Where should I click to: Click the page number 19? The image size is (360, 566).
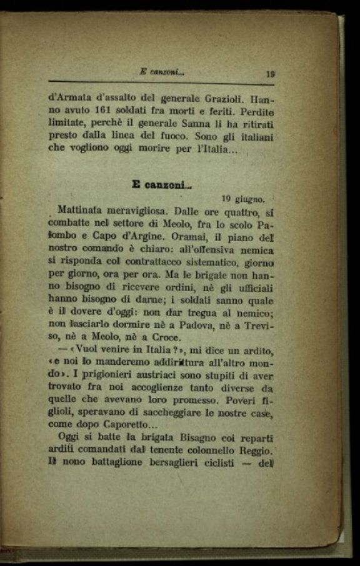270,74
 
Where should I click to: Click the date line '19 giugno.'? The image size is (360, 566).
243,200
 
